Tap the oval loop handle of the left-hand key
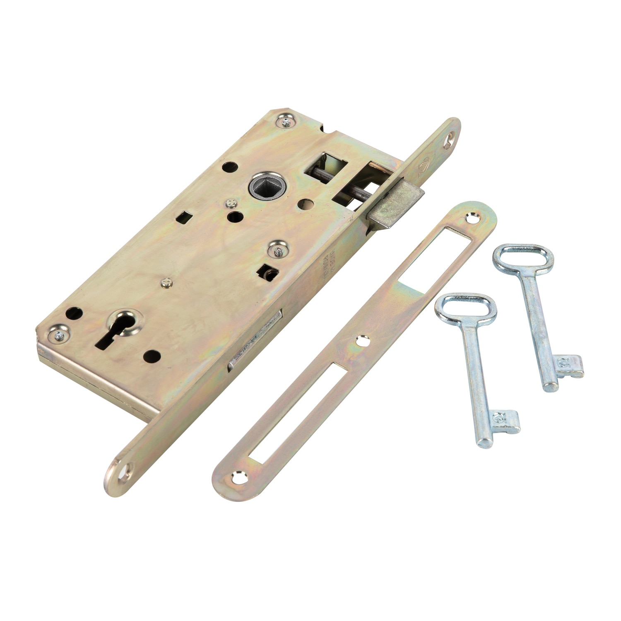coord(465,305)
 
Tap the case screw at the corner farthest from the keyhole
coord(285,121)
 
